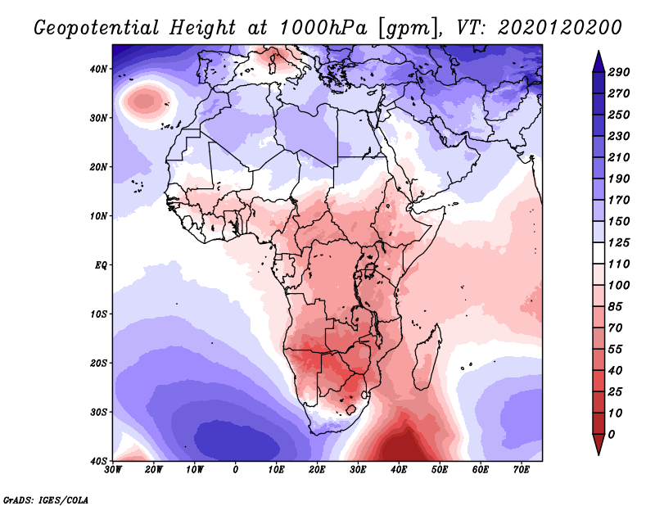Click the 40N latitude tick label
98,69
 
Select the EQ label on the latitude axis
101,265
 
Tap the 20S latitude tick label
98,363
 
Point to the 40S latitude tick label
98,461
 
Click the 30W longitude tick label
113,470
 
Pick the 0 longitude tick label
236,470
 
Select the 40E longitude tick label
400,470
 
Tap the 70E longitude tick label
522,470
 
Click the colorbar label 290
619,72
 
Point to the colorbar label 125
619,242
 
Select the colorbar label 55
616,350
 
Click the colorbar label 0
612,435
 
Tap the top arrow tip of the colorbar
599,51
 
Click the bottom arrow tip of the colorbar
599,455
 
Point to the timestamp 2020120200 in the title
560,28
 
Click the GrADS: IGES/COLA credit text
46,499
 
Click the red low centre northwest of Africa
145,101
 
